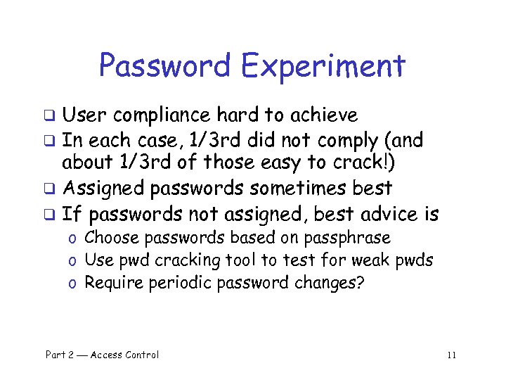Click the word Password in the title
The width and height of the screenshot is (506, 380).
point(166,66)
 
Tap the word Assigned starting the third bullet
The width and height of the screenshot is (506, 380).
point(102,189)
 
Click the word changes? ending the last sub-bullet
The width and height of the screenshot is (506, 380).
point(337,283)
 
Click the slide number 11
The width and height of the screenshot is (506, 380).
point(451,355)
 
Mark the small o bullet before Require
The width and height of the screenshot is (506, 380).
point(72,284)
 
